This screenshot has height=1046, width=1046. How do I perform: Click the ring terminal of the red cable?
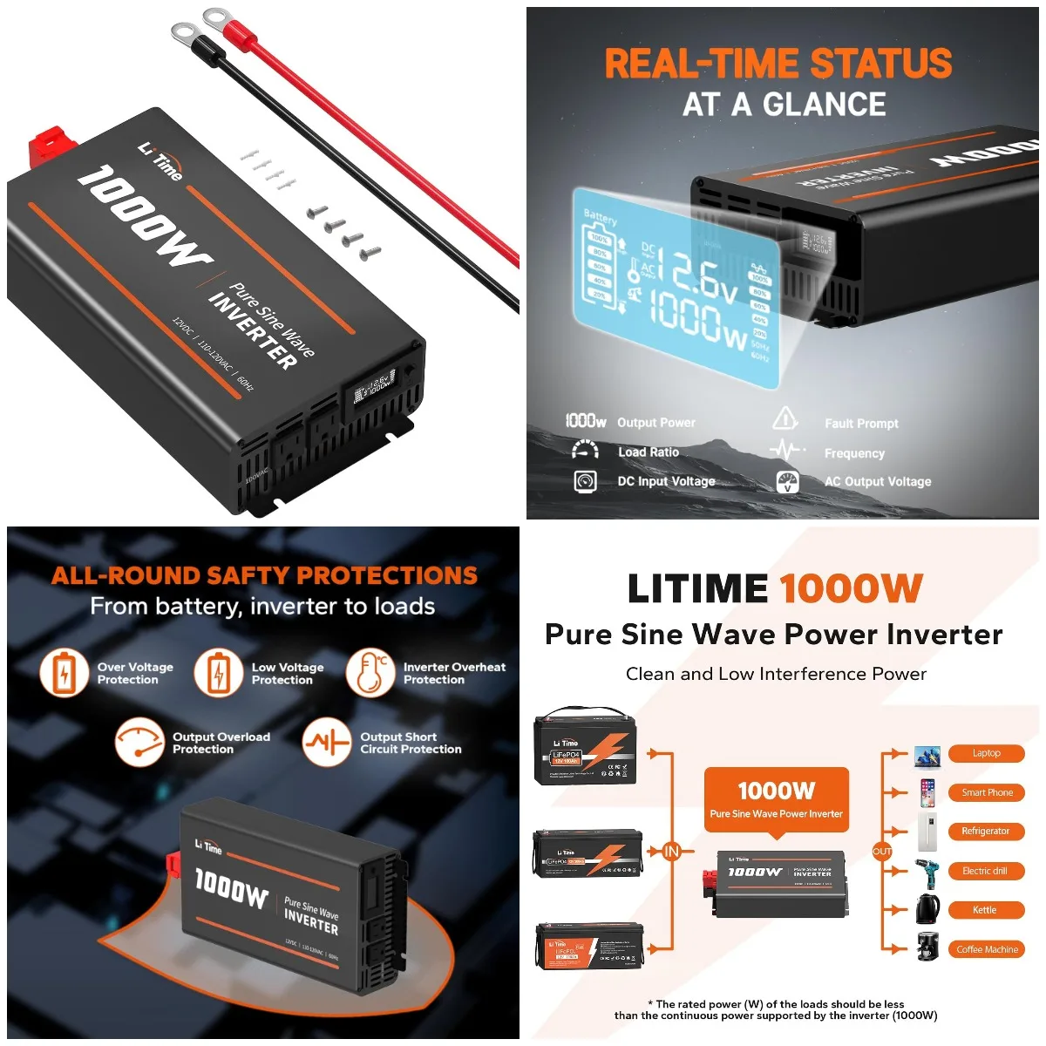click(215, 17)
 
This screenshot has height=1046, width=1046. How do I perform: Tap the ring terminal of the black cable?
click(184, 34)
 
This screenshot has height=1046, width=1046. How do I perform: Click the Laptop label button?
click(986, 753)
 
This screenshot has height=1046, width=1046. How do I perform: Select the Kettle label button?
click(985, 910)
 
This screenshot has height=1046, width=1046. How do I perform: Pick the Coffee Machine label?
click(987, 949)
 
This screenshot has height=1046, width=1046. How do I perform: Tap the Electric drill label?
click(985, 871)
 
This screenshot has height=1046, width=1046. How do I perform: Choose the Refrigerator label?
click(985, 832)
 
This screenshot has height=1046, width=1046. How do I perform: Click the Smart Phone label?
click(987, 792)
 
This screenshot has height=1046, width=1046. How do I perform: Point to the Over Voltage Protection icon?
click(64, 673)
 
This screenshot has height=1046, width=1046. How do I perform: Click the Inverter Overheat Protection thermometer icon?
click(370, 672)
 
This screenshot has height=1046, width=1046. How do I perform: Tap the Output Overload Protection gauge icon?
click(139, 742)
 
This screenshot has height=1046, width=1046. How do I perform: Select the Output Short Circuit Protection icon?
click(326, 742)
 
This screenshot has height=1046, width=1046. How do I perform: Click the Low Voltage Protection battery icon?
click(218, 673)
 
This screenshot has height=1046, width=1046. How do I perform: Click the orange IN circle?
click(671, 852)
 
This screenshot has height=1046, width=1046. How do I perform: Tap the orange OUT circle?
click(882, 852)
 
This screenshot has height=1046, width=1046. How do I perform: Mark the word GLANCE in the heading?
click(824, 105)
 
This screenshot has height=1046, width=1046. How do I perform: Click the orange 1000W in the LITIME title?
click(850, 589)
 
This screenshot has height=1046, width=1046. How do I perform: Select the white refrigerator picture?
click(927, 832)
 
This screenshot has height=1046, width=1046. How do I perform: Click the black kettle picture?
click(927, 909)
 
